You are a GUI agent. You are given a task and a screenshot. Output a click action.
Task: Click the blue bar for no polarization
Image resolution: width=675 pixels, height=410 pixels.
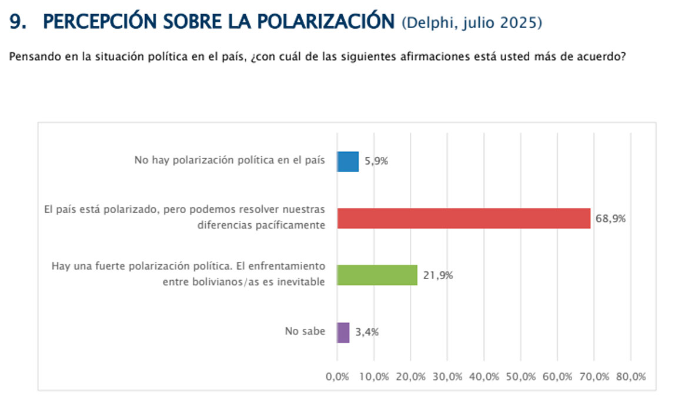pos(347,162)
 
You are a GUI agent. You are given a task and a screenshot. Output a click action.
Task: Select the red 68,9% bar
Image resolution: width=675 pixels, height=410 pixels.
pos(463,219)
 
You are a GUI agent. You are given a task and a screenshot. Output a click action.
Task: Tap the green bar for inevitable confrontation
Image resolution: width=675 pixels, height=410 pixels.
pos(377,275)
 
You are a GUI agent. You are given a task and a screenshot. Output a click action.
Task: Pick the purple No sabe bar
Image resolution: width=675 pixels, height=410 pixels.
pos(343,332)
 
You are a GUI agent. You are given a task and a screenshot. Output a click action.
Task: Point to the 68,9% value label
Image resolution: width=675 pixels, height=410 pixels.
pos(610,219)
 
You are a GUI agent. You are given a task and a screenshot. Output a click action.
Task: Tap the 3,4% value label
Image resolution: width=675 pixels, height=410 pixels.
pos(367,332)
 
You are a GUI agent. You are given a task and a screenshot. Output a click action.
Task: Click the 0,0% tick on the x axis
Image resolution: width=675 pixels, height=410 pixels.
pos(337,377)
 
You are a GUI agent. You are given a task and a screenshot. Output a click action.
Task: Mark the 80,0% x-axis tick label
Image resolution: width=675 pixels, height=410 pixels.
pos(631,377)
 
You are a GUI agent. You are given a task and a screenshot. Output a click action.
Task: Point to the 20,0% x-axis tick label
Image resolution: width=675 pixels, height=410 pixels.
pos(411,377)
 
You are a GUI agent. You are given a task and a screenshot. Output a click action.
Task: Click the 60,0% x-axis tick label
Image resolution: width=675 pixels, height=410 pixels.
pos(557,377)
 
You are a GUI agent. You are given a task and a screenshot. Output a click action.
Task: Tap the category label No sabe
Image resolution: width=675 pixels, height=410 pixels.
pos(305,331)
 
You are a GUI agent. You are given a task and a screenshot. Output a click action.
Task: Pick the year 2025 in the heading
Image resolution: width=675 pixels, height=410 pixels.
pos(518,23)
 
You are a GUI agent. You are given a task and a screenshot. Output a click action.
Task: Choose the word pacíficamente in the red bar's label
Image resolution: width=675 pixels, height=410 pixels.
pos(293,226)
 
